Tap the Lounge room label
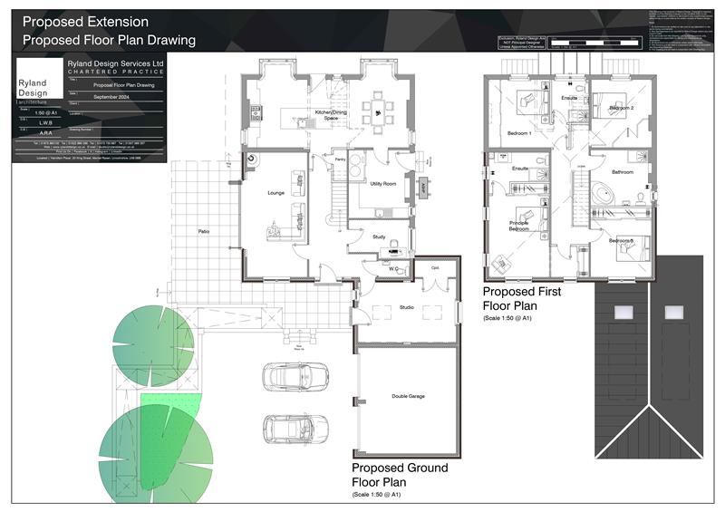click(276, 193)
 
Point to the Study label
click(380, 237)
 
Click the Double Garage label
click(408, 396)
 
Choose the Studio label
click(407, 308)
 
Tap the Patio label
click(205, 233)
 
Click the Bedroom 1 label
click(519, 133)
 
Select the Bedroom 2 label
click(621, 108)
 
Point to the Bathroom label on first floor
click(623, 171)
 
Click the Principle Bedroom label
click(519, 227)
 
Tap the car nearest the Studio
click(290, 376)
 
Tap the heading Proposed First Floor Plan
click(522, 298)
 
